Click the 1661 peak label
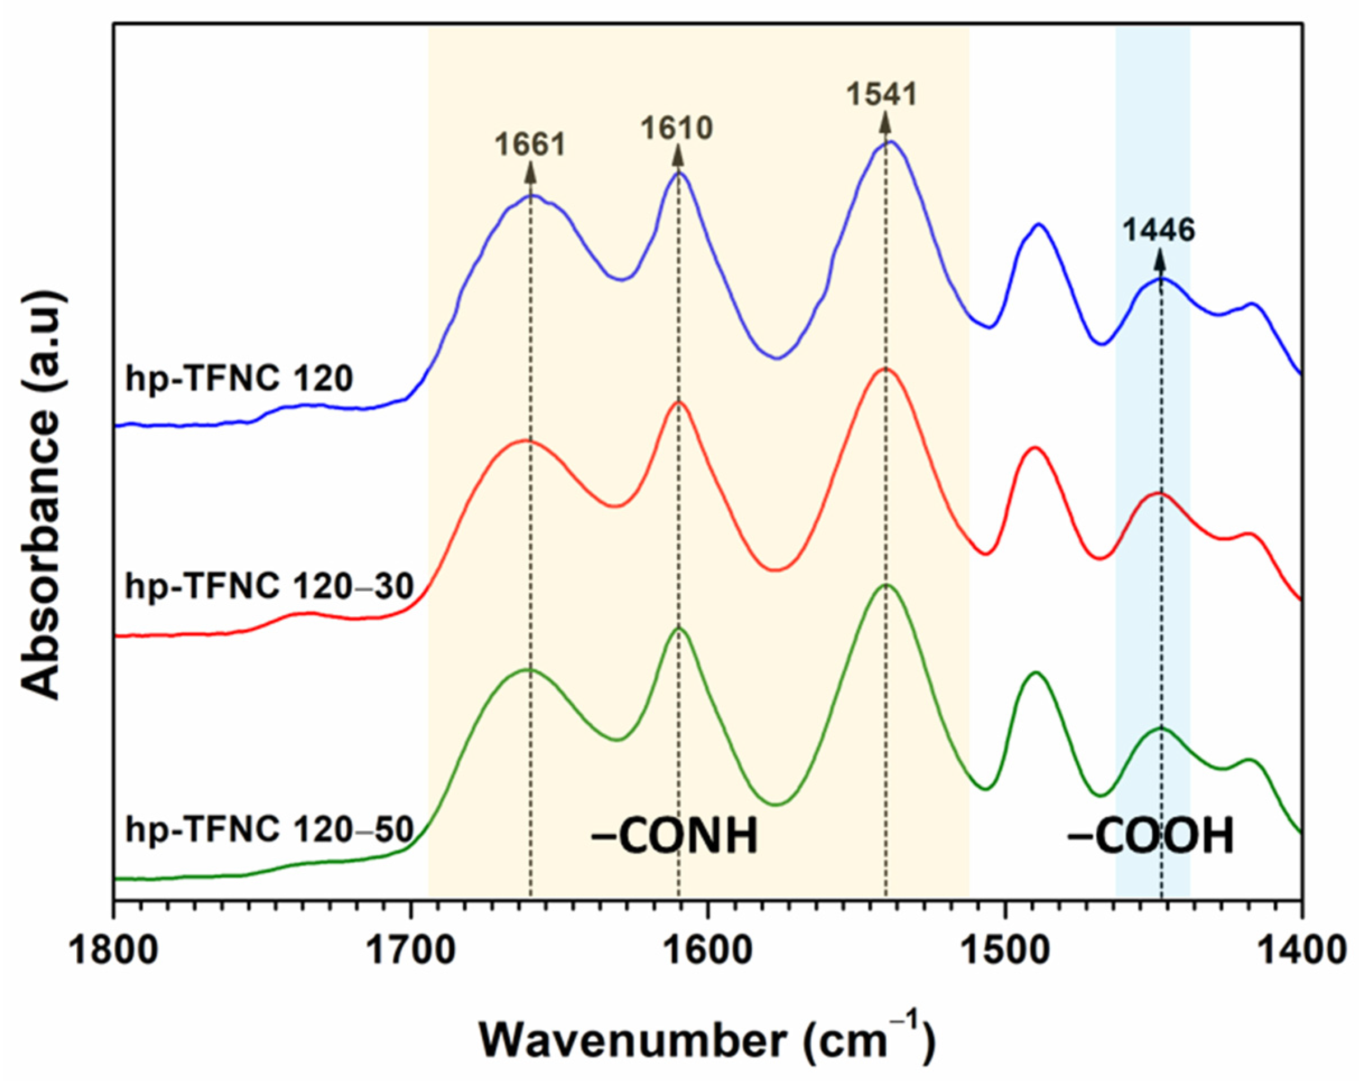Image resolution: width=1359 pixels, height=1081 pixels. point(530,145)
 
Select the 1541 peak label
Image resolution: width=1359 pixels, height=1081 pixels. point(881,95)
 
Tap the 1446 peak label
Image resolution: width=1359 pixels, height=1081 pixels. point(1158,231)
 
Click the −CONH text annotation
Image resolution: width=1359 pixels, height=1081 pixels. point(674,837)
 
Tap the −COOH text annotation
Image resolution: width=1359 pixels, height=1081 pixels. point(1149,837)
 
